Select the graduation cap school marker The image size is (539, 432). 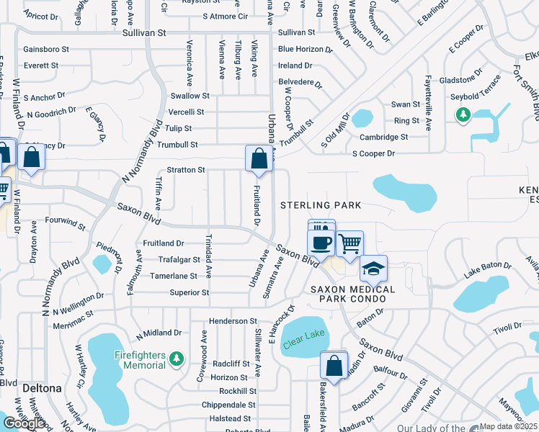373,269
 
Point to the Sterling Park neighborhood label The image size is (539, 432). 321,205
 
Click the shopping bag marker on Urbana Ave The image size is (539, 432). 259,158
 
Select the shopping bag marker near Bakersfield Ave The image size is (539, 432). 334,366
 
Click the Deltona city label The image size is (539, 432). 41,387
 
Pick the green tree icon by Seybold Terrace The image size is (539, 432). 463,114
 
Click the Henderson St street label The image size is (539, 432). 233,320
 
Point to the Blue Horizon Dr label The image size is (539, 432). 306,50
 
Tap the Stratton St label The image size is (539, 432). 186,170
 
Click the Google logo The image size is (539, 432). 24,423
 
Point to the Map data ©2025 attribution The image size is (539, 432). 509,426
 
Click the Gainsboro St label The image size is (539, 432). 45,50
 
